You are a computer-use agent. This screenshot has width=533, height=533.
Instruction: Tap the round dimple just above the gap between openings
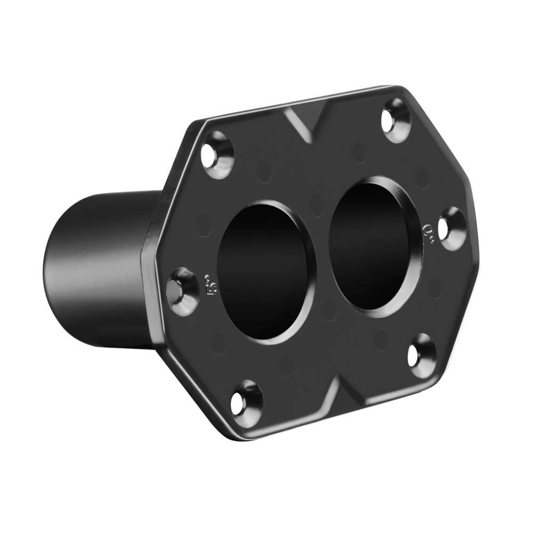click(318, 205)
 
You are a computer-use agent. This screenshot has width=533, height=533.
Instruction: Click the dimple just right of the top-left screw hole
click(264, 171)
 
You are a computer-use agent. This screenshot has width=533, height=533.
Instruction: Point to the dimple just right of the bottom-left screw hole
click(287, 364)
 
